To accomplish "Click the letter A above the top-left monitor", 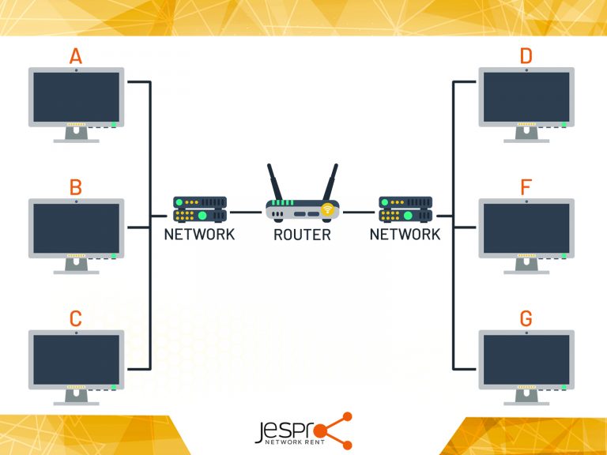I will pos(76,57).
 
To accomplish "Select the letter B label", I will pos(76,188).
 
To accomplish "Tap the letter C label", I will pos(76,319).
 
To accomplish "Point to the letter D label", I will pos(526,57).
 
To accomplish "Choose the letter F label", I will pos(526,188).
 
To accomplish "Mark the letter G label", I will pos(526,319).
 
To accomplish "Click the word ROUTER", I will pos(302,235).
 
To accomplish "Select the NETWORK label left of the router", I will pos(199,235).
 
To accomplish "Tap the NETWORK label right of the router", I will pos(405,235).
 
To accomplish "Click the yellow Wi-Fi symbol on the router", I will pos(326,210).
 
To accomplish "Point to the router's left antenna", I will pos(274,182).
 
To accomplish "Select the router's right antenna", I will pos(330,182).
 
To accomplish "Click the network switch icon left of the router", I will pos(200,209).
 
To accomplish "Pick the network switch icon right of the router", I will pos(405,209).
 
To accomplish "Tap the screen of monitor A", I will pos(76,96).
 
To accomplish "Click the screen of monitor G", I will pos(526,359).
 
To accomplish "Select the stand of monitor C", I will pos(76,397).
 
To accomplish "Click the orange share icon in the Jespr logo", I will pos(337,431).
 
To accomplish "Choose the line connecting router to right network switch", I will pos(359,212).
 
